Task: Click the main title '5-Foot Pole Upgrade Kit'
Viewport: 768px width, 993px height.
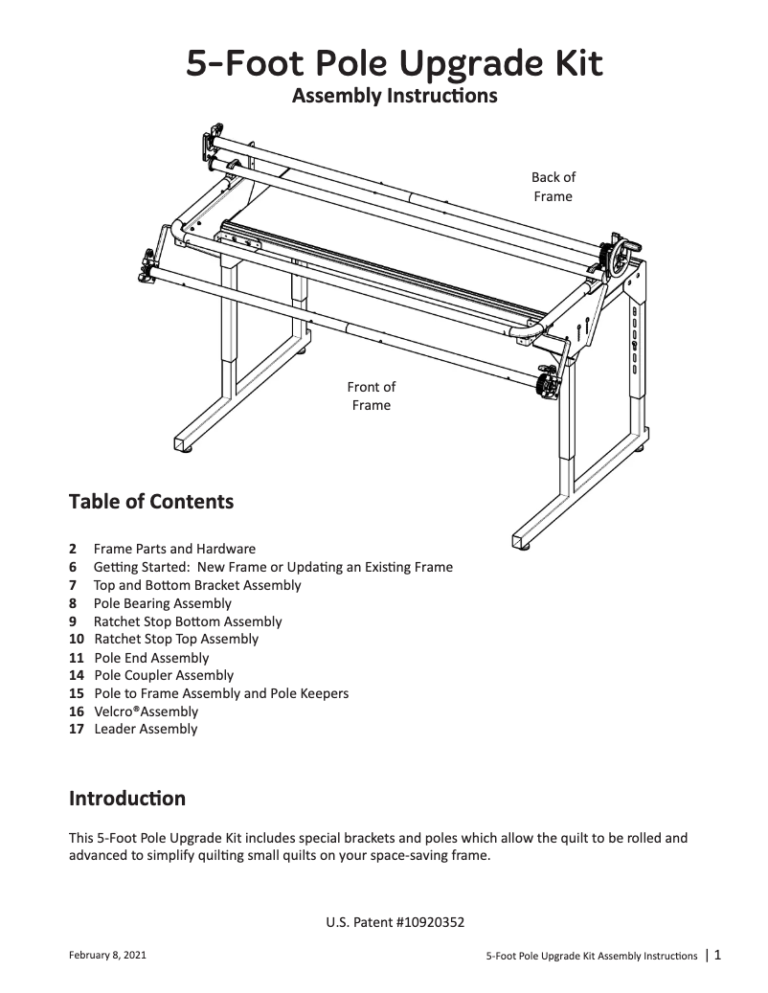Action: pyautogui.click(x=394, y=64)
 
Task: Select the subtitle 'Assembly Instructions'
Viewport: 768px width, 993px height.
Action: pyautogui.click(x=394, y=97)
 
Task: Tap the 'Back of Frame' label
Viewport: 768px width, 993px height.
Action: pyautogui.click(x=553, y=187)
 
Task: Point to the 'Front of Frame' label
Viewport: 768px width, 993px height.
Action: pyautogui.click(x=371, y=396)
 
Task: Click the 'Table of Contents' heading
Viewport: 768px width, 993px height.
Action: pyautogui.click(x=151, y=502)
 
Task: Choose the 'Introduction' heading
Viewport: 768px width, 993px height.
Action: pyautogui.click(x=127, y=799)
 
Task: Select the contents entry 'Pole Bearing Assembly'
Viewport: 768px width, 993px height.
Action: pyautogui.click(x=162, y=603)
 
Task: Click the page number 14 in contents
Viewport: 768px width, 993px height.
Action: pyautogui.click(x=77, y=675)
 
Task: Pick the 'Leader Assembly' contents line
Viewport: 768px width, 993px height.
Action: pyautogui.click(x=146, y=729)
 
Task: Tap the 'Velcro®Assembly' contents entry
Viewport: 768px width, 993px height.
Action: pyautogui.click(x=146, y=711)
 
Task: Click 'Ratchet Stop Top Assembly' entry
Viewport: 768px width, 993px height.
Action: pyautogui.click(x=176, y=639)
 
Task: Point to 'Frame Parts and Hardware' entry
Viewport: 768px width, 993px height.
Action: pyautogui.click(x=174, y=549)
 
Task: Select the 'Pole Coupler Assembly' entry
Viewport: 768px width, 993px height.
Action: pyautogui.click(x=164, y=675)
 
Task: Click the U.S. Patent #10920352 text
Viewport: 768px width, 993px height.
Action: pyautogui.click(x=395, y=923)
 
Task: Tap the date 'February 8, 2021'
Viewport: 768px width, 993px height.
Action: pyautogui.click(x=108, y=956)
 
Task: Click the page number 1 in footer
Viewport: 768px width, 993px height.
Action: pyautogui.click(x=717, y=954)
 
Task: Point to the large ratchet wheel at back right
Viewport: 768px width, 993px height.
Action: pyautogui.click(x=620, y=260)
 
